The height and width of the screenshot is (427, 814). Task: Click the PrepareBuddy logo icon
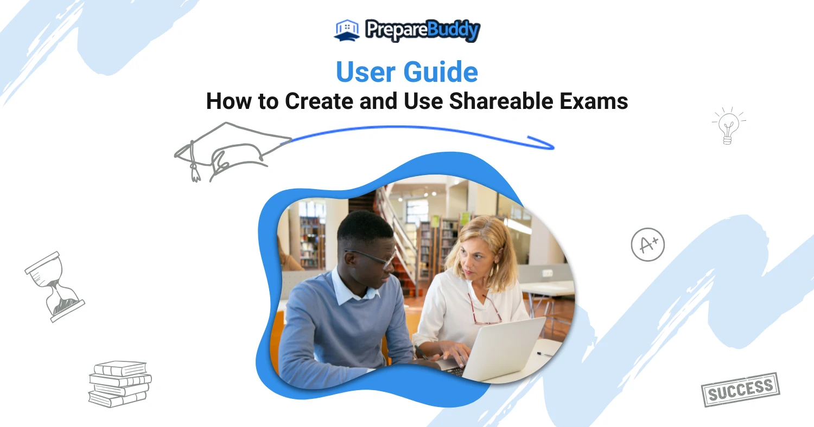[347, 30]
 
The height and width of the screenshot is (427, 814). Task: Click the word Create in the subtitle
[319, 101]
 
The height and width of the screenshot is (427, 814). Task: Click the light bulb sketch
[728, 126]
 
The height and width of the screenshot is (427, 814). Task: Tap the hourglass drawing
[54, 287]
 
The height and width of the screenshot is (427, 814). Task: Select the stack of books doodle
[120, 384]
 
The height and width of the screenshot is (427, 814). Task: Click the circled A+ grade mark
[647, 244]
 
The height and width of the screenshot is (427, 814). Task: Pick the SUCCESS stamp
[740, 389]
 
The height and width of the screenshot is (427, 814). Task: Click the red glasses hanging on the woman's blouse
[485, 309]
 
